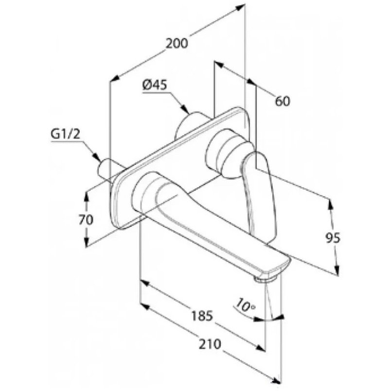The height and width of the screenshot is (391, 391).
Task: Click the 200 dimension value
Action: click(177, 43)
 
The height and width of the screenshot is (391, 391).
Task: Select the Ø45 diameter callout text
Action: click(155, 85)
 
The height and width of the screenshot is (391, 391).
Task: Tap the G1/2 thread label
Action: click(65, 134)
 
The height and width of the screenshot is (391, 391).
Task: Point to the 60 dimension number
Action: click(283, 101)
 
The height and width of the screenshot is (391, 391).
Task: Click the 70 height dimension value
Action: click(86, 220)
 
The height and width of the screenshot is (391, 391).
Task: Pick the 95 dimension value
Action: click(333, 238)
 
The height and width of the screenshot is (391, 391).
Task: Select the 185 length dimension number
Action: click(202, 316)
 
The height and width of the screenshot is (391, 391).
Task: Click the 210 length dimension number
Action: click(210, 344)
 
